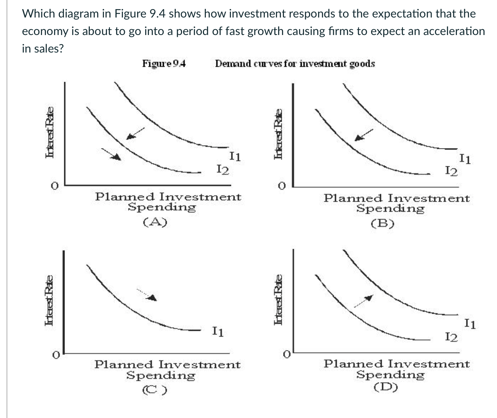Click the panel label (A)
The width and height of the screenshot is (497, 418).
pyautogui.click(x=155, y=222)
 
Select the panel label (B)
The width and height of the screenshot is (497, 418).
pyautogui.click(x=382, y=223)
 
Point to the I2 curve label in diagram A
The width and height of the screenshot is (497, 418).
pyautogui.click(x=223, y=169)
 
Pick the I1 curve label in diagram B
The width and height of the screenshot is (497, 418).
pyautogui.click(x=465, y=159)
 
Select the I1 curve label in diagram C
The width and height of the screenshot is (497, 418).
pyautogui.click(x=218, y=332)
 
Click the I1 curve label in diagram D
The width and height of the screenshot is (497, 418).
pyautogui.click(x=470, y=324)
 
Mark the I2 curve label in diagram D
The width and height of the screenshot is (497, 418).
pyautogui.click(x=451, y=337)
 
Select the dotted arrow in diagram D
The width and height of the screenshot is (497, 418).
pyautogui.click(x=363, y=301)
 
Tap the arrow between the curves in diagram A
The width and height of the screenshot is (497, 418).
pyautogui.click(x=135, y=133)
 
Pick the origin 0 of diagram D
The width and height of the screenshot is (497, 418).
pyautogui.click(x=288, y=354)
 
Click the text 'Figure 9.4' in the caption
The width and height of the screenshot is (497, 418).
pyautogui.click(x=164, y=64)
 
